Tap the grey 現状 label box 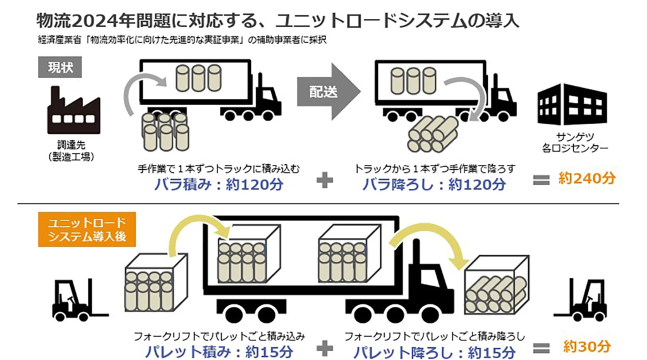(61, 67)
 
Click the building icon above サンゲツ (572, 104)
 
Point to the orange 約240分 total (586, 179)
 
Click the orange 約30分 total (588, 346)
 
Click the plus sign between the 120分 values (324, 181)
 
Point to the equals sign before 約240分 (541, 180)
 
